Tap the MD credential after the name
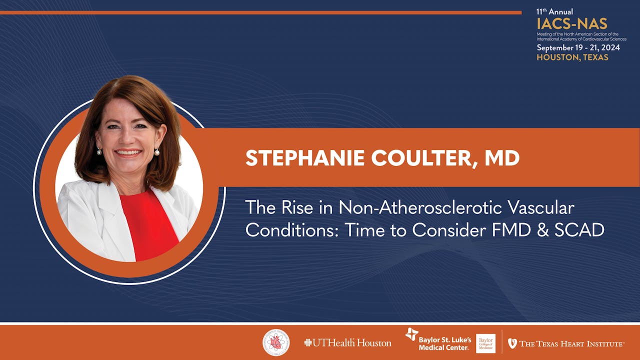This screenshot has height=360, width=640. [x=501, y=158]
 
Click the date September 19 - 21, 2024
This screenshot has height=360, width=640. [x=578, y=48]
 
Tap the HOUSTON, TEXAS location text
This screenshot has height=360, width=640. [x=572, y=57]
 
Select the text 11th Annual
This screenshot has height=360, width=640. [x=554, y=11]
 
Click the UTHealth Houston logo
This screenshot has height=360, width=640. [x=347, y=343]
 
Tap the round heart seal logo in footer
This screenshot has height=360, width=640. [x=276, y=342]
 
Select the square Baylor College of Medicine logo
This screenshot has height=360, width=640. [x=485, y=343]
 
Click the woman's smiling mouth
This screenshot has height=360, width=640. [x=128, y=153]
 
